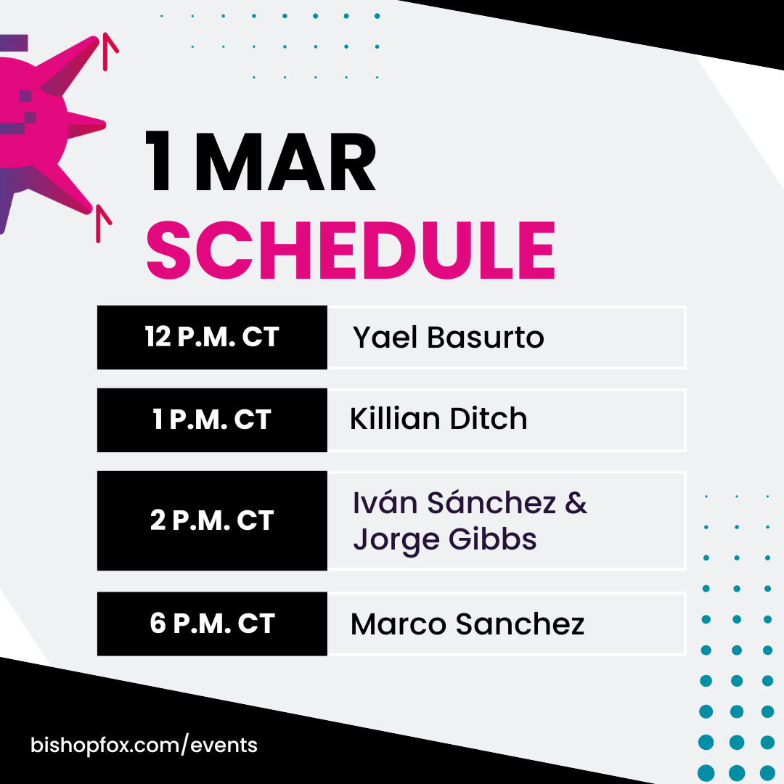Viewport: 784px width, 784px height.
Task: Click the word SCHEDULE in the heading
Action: coord(351,250)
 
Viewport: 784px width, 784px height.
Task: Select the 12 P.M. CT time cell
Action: coord(212,338)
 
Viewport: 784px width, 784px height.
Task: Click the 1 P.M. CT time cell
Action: coord(212,420)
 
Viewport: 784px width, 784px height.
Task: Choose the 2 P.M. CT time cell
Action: coord(212,520)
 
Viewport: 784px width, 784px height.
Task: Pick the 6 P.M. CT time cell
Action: coord(212,624)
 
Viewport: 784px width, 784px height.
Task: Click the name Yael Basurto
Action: coord(449,337)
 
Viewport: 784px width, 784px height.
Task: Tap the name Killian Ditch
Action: coord(438,418)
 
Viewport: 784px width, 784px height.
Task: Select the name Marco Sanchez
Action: coord(467,624)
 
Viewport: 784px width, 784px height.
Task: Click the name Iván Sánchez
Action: coord(454,502)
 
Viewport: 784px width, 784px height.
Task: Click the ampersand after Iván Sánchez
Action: coord(576,502)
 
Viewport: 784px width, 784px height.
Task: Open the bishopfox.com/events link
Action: coord(144,745)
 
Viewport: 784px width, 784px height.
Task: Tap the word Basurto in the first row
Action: coord(486,337)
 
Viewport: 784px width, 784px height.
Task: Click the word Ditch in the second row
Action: coord(489,418)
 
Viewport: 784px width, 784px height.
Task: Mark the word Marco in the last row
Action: coord(399,624)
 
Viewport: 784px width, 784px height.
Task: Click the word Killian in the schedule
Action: coord(394,418)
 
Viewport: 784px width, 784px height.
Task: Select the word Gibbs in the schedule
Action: coord(492,539)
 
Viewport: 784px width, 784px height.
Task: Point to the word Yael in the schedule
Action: coord(385,337)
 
